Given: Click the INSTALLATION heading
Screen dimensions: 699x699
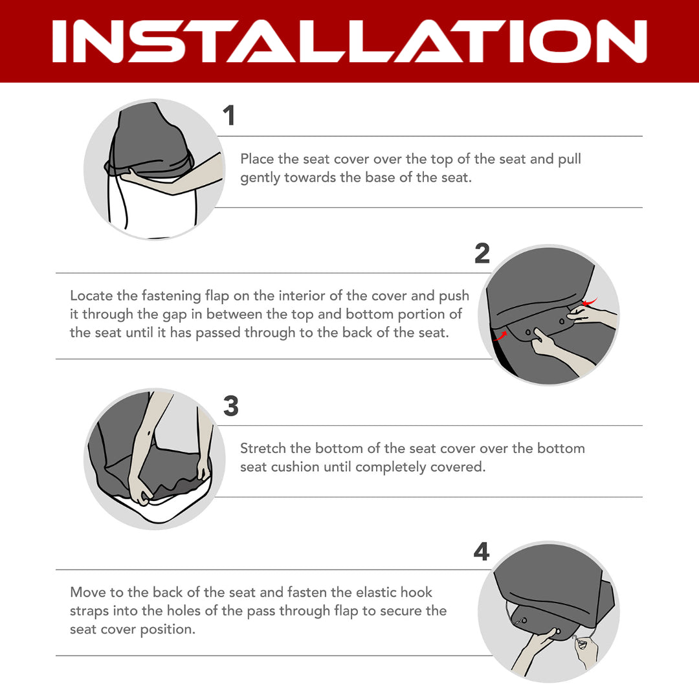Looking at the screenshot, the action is coord(349,41).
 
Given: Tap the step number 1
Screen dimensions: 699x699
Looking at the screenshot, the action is coord(229,115).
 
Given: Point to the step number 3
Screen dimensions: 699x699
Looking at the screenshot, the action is coord(231,406).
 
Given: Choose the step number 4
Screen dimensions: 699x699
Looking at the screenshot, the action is coord(482,551).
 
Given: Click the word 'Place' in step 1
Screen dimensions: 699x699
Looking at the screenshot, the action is coord(257,159).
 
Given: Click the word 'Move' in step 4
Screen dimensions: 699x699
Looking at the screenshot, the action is coord(88,592).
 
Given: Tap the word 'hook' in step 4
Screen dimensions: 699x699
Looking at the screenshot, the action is coord(416,592).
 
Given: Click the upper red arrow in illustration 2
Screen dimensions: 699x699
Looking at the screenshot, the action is coord(590,302).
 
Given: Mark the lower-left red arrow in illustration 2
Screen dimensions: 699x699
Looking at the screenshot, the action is coord(500,336).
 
